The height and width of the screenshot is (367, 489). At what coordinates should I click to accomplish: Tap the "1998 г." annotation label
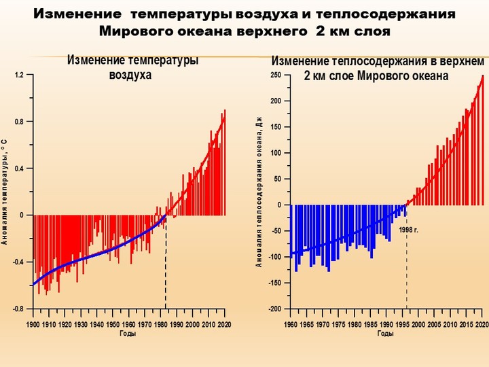click(x=409, y=230)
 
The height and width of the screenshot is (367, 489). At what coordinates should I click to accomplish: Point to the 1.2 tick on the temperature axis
click(x=19, y=75)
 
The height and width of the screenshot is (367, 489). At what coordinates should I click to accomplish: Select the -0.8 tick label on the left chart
click(x=18, y=309)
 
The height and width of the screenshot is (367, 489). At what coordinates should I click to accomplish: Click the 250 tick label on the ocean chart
click(x=276, y=75)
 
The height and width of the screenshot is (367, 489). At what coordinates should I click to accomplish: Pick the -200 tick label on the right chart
click(x=274, y=309)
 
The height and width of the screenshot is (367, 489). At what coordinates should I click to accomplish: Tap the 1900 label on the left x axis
click(x=33, y=325)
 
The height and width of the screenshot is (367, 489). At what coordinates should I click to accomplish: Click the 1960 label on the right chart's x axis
click(x=291, y=325)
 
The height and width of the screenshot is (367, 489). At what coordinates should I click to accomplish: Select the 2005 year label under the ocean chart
click(x=434, y=325)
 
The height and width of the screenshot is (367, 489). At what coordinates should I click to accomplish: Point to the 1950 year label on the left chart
click(x=113, y=325)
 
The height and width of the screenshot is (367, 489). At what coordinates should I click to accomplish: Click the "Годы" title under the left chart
click(x=128, y=334)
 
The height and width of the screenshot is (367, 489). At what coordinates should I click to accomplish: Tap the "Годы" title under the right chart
click(x=386, y=334)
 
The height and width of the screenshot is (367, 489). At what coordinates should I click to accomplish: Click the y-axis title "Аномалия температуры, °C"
click(x=4, y=192)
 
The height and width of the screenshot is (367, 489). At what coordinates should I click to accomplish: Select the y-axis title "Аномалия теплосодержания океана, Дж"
click(x=259, y=192)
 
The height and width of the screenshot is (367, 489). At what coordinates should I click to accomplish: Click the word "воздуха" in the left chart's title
click(x=130, y=75)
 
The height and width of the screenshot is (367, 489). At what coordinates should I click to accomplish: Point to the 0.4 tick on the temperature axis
click(x=19, y=169)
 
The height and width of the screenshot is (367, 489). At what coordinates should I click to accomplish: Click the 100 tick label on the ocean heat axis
click(x=276, y=153)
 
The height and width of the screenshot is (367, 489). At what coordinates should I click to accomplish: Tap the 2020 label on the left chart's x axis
click(x=224, y=325)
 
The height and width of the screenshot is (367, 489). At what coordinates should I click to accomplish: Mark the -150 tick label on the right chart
click(x=274, y=283)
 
